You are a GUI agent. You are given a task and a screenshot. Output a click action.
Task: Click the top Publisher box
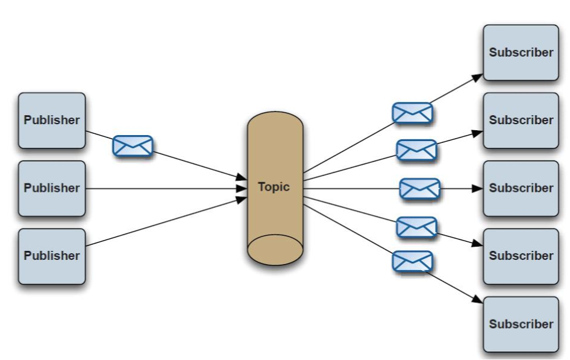52,120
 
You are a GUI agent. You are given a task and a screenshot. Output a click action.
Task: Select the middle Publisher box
52,188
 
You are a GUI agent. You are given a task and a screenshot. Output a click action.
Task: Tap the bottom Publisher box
52,256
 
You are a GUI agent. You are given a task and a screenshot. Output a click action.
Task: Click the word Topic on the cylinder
274,187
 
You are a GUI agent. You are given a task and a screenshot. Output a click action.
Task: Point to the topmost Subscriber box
521,52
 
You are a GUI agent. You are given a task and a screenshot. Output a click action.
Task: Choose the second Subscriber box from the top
521,120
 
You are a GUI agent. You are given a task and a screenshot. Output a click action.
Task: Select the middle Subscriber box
521,188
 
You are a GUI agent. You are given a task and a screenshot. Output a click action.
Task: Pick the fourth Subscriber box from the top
521,256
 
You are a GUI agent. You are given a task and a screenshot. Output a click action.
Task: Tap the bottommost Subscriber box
521,324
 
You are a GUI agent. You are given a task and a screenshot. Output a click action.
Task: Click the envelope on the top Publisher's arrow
133,146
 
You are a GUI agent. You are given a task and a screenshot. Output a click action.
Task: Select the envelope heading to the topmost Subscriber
412,113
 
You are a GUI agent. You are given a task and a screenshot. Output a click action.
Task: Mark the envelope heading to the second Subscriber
416,150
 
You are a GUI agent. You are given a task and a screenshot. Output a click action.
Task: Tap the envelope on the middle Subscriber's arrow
419,189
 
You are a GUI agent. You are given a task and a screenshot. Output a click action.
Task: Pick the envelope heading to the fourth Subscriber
416,227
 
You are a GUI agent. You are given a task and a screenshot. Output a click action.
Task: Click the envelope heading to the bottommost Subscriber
412,261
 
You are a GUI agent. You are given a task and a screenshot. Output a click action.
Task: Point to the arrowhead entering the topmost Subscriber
478,77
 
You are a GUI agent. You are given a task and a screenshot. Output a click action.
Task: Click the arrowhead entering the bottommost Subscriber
478,300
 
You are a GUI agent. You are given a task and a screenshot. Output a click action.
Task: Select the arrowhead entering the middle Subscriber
478,188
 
